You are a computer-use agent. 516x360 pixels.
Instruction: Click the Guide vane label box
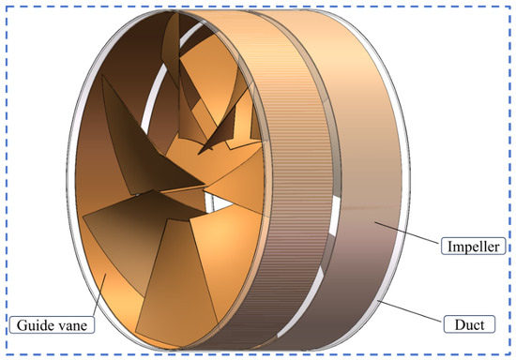click(x=52, y=324)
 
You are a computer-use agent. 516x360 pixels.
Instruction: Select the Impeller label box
click(x=473, y=247)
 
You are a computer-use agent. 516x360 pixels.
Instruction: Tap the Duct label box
click(x=469, y=324)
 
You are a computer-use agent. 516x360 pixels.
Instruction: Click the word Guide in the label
click(x=32, y=325)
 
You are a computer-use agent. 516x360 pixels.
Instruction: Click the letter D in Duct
click(x=460, y=324)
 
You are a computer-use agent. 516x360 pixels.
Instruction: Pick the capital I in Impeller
click(x=450, y=247)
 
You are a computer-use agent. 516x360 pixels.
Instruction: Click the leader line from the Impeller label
click(x=407, y=232)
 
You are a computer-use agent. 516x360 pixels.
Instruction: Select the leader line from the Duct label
click(x=410, y=310)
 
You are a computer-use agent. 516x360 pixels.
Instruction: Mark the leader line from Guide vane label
click(x=99, y=295)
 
